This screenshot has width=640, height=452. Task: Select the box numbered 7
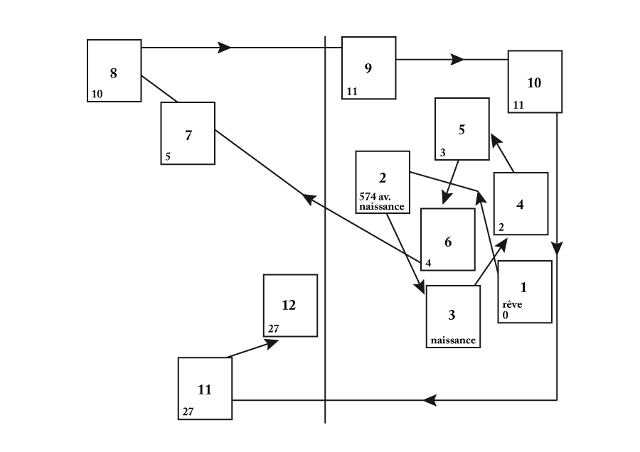pyautogui.click(x=188, y=134)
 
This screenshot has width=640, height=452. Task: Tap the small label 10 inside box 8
pyautogui.click(x=97, y=94)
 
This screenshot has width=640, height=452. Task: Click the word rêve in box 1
pyautogui.click(x=512, y=304)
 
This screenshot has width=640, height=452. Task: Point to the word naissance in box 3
pyautogui.click(x=453, y=340)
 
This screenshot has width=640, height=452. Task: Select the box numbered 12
pyautogui.click(x=290, y=306)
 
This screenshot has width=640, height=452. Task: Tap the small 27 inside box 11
pyautogui.click(x=188, y=411)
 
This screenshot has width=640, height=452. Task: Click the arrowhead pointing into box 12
pyautogui.click(x=272, y=342)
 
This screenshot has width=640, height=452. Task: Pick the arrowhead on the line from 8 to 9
pyautogui.click(x=225, y=48)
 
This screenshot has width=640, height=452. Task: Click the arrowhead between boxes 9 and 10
pyautogui.click(x=457, y=60)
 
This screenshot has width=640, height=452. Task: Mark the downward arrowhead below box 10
pyautogui.click(x=557, y=249)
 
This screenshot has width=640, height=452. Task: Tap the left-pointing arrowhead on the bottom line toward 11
pyautogui.click(x=430, y=400)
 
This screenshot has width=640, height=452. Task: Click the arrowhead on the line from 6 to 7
pyautogui.click(x=310, y=199)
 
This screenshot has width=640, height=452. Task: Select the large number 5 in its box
pyautogui.click(x=462, y=129)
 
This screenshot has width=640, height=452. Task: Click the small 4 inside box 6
pyautogui.click(x=428, y=263)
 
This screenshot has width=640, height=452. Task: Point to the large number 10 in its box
pyautogui.click(x=534, y=82)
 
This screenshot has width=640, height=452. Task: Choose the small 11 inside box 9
pyautogui.click(x=352, y=92)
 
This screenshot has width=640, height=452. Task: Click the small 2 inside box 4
pyautogui.click(x=501, y=227)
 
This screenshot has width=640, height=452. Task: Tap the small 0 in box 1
pyautogui.click(x=505, y=314)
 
